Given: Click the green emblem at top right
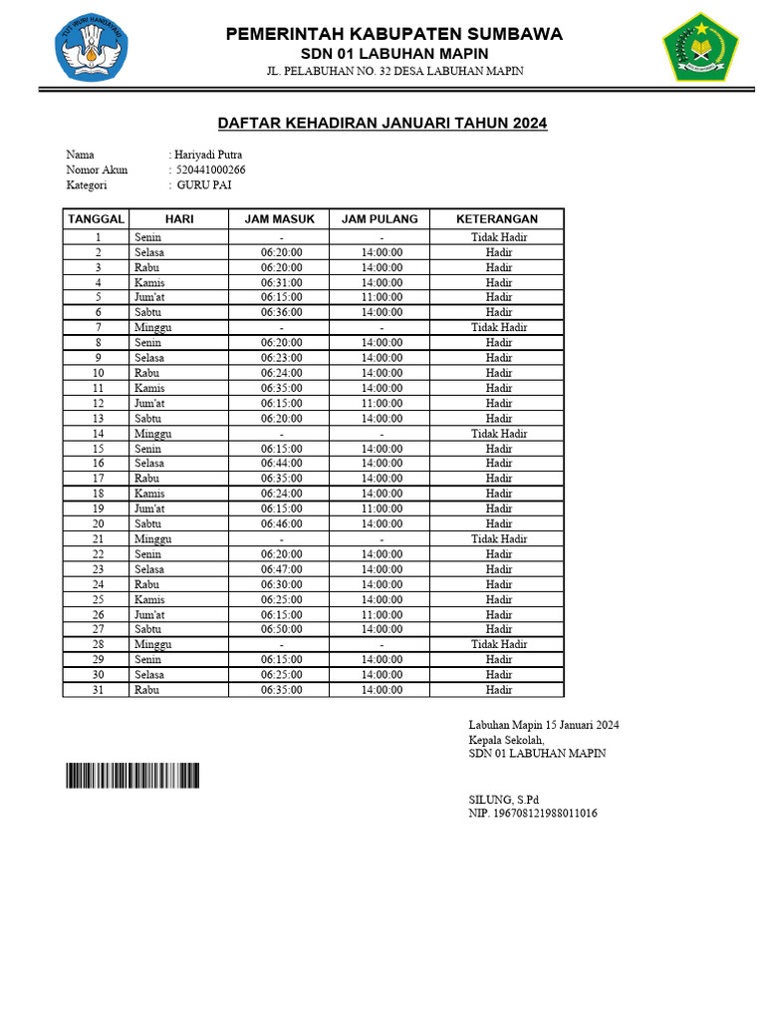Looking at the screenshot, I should (700, 46).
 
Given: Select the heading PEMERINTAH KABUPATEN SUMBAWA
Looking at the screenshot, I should (393, 34).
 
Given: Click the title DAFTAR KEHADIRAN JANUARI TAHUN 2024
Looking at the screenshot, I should (382, 124).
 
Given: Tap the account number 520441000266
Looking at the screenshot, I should (210, 170).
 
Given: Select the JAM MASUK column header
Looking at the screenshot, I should (281, 218).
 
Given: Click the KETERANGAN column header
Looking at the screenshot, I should (496, 218).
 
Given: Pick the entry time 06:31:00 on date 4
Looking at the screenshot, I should (281, 282).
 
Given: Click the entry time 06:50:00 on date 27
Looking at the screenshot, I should (281, 629).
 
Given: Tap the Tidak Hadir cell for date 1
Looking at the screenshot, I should (498, 237).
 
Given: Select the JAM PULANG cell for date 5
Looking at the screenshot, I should (382, 297).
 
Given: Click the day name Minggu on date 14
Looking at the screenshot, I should (153, 434).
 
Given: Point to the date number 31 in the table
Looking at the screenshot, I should (98, 689).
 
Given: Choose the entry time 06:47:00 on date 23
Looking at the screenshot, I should (281, 569).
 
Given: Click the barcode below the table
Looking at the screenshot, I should (132, 776).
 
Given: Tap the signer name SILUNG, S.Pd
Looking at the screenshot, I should (504, 800).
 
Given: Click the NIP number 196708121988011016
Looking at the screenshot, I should (533, 814).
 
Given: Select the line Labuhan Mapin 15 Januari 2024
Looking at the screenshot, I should (544, 725).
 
